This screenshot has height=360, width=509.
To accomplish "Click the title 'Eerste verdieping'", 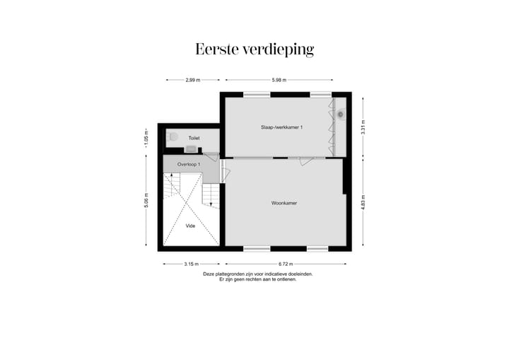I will tap(255, 50).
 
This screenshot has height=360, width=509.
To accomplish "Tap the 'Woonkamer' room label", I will tap(284, 203).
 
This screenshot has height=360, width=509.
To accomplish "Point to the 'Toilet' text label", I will tap(194, 138).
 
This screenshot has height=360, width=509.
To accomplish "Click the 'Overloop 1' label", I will tap(189, 164).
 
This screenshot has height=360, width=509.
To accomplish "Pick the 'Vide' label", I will tap(190, 226).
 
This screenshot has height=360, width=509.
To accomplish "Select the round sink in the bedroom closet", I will tap(341, 114).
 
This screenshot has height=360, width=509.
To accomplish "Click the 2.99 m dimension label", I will tap(193, 80).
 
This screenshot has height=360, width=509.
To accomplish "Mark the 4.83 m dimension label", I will tap(363, 204).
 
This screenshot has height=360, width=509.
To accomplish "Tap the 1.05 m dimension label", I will tap(146, 137).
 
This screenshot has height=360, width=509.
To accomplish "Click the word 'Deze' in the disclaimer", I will tap(209, 274).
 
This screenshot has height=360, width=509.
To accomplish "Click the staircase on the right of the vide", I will tap(211, 194).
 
